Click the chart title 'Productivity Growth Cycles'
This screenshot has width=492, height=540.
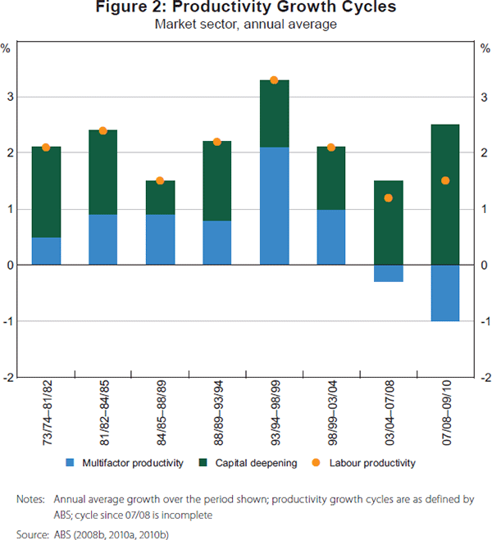pos(246,9)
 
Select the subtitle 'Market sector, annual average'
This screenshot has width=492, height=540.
pos(246,25)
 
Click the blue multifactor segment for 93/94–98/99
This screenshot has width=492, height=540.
pos(274,206)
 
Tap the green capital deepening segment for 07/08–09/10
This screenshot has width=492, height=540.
pos(444,194)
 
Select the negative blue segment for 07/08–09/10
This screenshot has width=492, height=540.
pos(444,293)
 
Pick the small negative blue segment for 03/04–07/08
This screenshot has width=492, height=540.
pos(388,273)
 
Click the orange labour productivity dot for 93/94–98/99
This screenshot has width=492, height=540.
pos(274,80)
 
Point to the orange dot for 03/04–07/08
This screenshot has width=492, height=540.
pos(388,197)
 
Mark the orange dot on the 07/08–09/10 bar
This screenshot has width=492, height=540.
pos(444,180)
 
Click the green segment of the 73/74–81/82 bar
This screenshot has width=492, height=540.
pos(46,192)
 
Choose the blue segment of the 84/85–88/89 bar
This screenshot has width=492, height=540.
pos(160,239)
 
